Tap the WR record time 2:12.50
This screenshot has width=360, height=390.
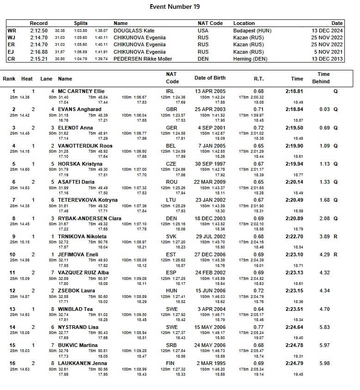[38, 31]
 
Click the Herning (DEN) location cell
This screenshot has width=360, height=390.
[250, 59]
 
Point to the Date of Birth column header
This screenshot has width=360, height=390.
[210, 78]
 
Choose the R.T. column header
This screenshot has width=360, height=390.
[259, 79]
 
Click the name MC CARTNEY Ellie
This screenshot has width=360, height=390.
[81, 92]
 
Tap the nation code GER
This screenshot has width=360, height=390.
[171, 128]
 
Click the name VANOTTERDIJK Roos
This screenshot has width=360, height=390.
[85, 146]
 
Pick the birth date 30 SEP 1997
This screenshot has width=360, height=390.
[210, 164]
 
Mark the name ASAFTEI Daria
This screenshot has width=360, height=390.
[77, 182]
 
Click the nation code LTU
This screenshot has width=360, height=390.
[171, 200]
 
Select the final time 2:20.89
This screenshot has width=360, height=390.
[294, 218]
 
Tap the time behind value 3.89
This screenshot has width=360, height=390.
[324, 236]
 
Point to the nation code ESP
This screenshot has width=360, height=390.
[171, 272]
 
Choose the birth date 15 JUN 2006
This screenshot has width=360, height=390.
[210, 291]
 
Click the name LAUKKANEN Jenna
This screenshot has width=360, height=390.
[81, 363]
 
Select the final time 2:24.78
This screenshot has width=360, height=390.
[294, 345]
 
